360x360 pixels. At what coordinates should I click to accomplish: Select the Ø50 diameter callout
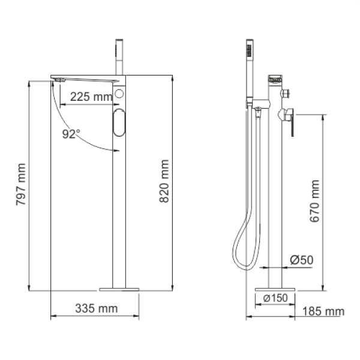302,260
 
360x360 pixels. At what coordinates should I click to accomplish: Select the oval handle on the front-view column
119,123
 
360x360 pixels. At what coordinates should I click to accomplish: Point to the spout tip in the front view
58,80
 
